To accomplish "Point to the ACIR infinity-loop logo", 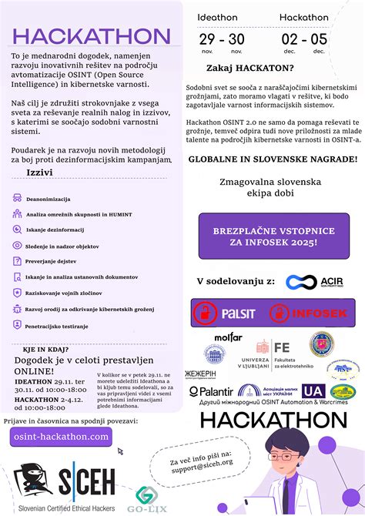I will click(x=300, y=283).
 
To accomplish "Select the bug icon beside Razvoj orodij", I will click(x=16, y=309).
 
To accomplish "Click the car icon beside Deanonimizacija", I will click(x=16, y=197).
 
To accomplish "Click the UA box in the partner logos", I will click(x=312, y=391).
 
